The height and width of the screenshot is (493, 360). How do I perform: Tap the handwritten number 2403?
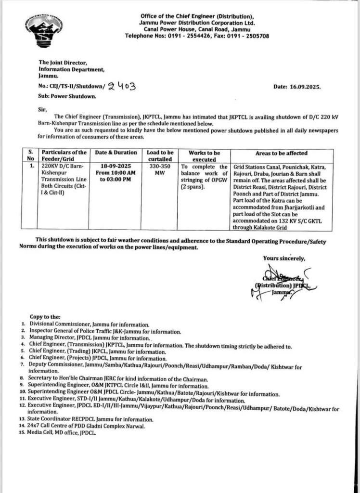(x=123, y=87)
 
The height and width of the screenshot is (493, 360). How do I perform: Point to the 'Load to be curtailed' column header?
(x=160, y=156)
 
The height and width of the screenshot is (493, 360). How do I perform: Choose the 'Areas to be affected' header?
(x=282, y=153)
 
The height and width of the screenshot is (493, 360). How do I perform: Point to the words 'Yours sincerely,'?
(x=283, y=259)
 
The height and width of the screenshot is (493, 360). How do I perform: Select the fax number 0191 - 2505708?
(x=243, y=36)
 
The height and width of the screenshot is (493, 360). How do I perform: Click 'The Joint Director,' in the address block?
(x=64, y=63)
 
